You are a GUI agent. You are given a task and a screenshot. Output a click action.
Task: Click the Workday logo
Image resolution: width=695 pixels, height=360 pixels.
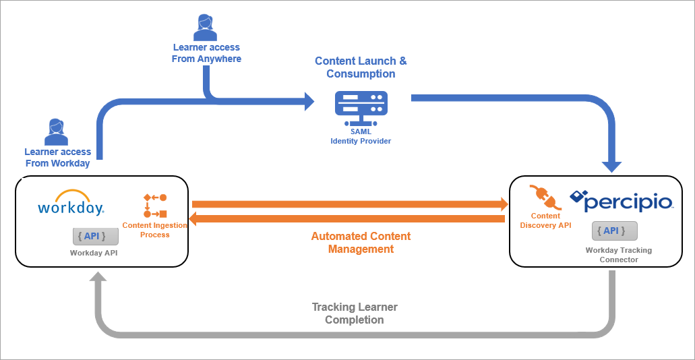[70, 203]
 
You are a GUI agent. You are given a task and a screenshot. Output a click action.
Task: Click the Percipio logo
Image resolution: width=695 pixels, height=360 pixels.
[621, 200]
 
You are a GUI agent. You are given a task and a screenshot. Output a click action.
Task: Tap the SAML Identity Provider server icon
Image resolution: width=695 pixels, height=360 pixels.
[361, 107]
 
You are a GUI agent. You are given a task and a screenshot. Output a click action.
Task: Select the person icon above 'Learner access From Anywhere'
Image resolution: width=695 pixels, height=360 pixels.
[205, 28]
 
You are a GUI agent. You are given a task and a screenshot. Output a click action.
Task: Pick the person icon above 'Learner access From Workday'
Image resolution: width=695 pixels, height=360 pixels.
[57, 132]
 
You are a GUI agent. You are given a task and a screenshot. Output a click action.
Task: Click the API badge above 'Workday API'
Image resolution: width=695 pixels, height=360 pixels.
[96, 237]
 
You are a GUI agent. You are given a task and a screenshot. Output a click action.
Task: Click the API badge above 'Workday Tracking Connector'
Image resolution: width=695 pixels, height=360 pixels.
[614, 231]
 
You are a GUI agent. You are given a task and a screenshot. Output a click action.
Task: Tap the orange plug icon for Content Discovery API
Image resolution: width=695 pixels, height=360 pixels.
[545, 197]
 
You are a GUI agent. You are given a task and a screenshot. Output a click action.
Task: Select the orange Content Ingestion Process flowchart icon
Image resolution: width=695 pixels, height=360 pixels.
[155, 206]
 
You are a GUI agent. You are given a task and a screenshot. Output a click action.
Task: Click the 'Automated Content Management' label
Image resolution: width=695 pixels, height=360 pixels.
[361, 243]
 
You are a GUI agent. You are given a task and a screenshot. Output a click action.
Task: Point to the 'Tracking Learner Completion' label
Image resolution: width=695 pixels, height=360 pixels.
[355, 313]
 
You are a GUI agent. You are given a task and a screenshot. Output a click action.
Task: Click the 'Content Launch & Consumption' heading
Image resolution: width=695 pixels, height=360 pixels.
[361, 67]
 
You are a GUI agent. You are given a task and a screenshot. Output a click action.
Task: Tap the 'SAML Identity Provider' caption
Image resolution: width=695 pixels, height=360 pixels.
[361, 136]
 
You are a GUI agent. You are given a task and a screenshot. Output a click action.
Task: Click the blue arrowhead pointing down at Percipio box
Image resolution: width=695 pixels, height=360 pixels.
[611, 166]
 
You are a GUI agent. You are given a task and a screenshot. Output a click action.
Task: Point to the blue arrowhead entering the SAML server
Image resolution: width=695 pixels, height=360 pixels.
[309, 101]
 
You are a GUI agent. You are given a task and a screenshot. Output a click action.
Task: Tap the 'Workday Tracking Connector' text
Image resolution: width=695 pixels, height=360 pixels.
[618, 255]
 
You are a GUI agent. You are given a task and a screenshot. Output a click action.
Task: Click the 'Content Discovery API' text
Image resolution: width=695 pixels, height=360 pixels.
[545, 220]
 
